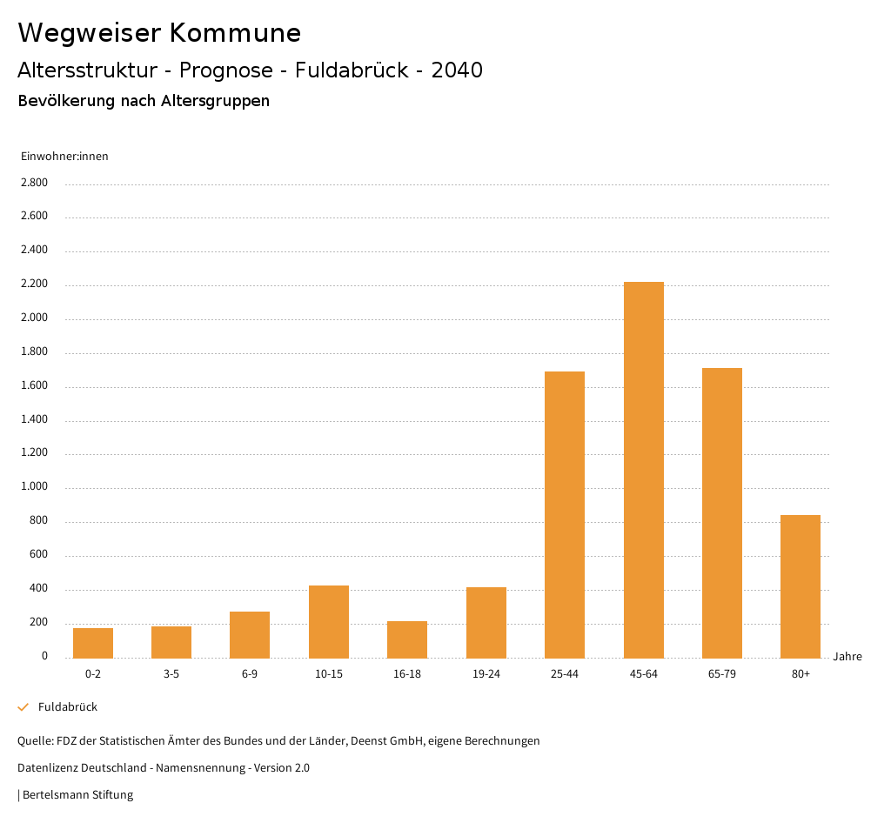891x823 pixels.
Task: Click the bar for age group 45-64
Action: click(x=643, y=470)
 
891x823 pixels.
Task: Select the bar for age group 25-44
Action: click(x=565, y=514)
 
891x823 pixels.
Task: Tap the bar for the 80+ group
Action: click(x=801, y=586)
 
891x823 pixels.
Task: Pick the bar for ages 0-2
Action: click(x=93, y=643)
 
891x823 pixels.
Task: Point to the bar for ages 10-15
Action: click(x=329, y=621)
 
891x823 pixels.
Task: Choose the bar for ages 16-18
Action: click(x=407, y=639)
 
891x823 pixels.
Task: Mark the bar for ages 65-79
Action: click(x=722, y=512)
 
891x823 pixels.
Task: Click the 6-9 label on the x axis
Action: click(x=250, y=674)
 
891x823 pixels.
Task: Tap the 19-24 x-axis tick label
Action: click(x=486, y=674)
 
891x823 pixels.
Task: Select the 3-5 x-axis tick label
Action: click(x=171, y=674)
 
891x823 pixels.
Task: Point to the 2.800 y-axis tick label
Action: click(x=34, y=183)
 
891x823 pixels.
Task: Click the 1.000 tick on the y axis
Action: click(x=34, y=487)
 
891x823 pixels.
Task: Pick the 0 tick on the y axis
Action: click(x=44, y=656)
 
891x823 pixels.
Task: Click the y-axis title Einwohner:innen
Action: click(x=64, y=157)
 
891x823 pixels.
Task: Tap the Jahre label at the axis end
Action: click(x=847, y=657)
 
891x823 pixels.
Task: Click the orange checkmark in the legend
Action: click(x=23, y=707)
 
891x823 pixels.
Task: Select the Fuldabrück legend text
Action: click(x=68, y=707)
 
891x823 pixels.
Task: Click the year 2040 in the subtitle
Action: click(x=457, y=70)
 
